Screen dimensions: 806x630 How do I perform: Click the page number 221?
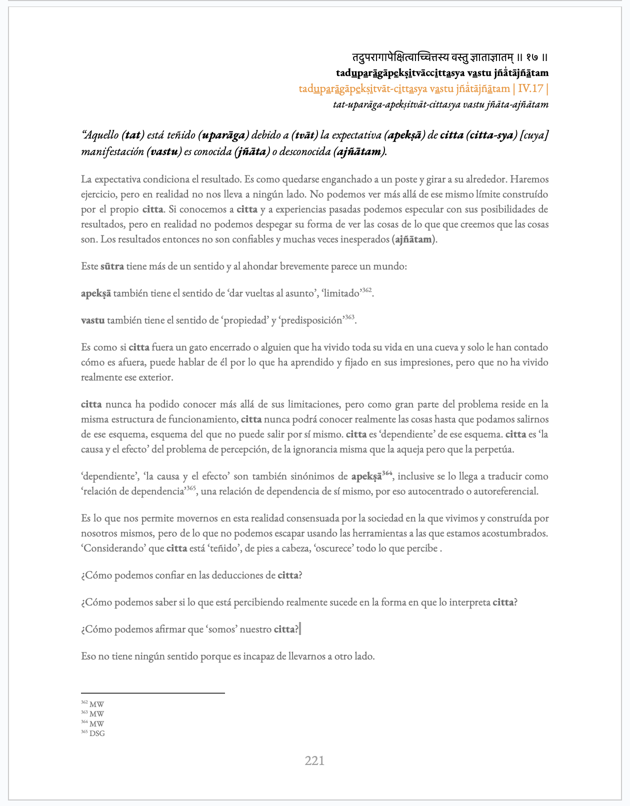tap(314, 761)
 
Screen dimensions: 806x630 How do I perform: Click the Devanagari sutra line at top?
tap(450, 57)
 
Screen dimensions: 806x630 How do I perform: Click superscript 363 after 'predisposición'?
tap(349, 317)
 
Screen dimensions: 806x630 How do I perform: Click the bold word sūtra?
tap(112, 266)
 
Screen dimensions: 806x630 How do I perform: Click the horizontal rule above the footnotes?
tap(153, 693)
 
